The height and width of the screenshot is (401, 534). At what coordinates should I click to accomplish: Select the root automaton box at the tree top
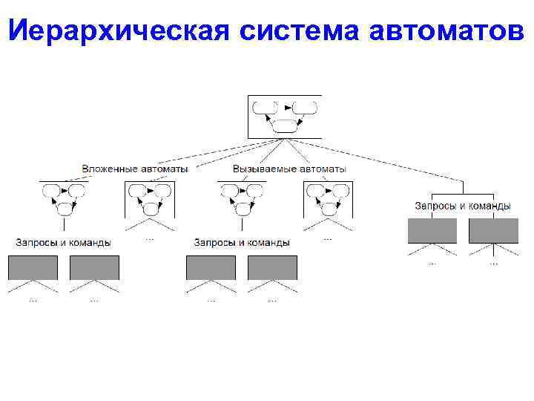click(x=285, y=117)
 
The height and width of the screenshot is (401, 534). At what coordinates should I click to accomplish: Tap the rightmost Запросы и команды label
click(x=462, y=206)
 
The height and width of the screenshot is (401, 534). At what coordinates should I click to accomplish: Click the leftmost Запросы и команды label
click(x=63, y=242)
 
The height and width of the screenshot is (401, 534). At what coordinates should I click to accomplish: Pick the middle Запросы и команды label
click(x=241, y=242)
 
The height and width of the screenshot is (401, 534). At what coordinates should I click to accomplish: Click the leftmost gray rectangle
click(x=33, y=267)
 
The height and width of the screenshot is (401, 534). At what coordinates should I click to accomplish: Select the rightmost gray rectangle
click(x=493, y=231)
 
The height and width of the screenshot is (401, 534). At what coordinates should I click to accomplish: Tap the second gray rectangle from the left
click(x=94, y=267)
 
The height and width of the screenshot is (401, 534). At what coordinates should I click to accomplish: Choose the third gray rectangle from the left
click(x=211, y=267)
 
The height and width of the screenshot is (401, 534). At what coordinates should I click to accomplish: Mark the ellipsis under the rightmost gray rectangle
click(x=493, y=262)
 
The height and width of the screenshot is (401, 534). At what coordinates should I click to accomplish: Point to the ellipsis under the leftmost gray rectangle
click(x=33, y=300)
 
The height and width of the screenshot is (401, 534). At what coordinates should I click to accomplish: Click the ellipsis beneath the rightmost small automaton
click(x=327, y=238)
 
